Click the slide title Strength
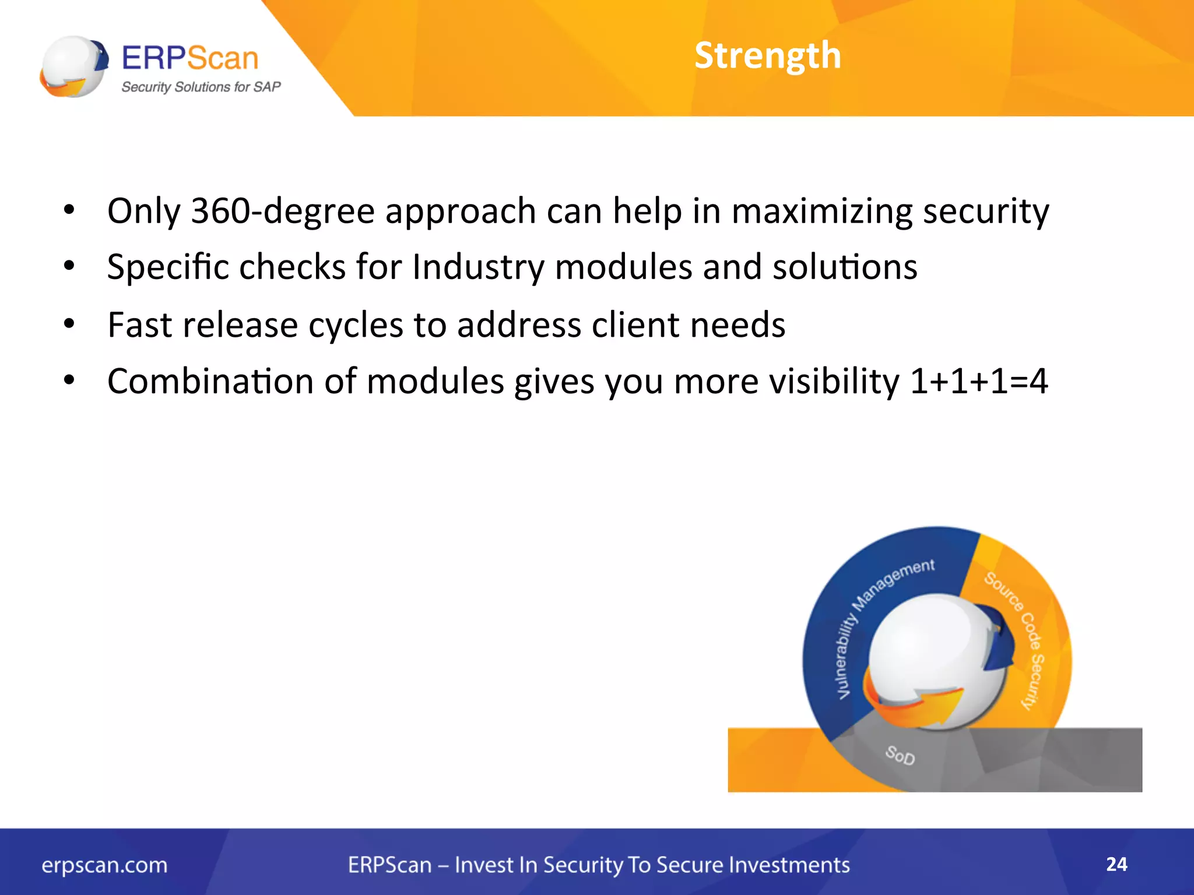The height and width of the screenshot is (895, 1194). (767, 56)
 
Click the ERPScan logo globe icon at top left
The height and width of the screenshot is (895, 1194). (73, 66)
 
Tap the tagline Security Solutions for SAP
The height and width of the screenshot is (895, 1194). (201, 87)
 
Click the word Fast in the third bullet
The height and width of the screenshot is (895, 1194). (140, 325)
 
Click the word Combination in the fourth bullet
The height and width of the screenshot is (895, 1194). (210, 382)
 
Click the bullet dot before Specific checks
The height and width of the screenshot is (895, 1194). (69, 266)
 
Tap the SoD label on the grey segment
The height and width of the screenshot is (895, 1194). (900, 755)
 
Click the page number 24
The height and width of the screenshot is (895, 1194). (1116, 864)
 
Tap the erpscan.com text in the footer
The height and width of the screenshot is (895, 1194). (104, 865)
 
